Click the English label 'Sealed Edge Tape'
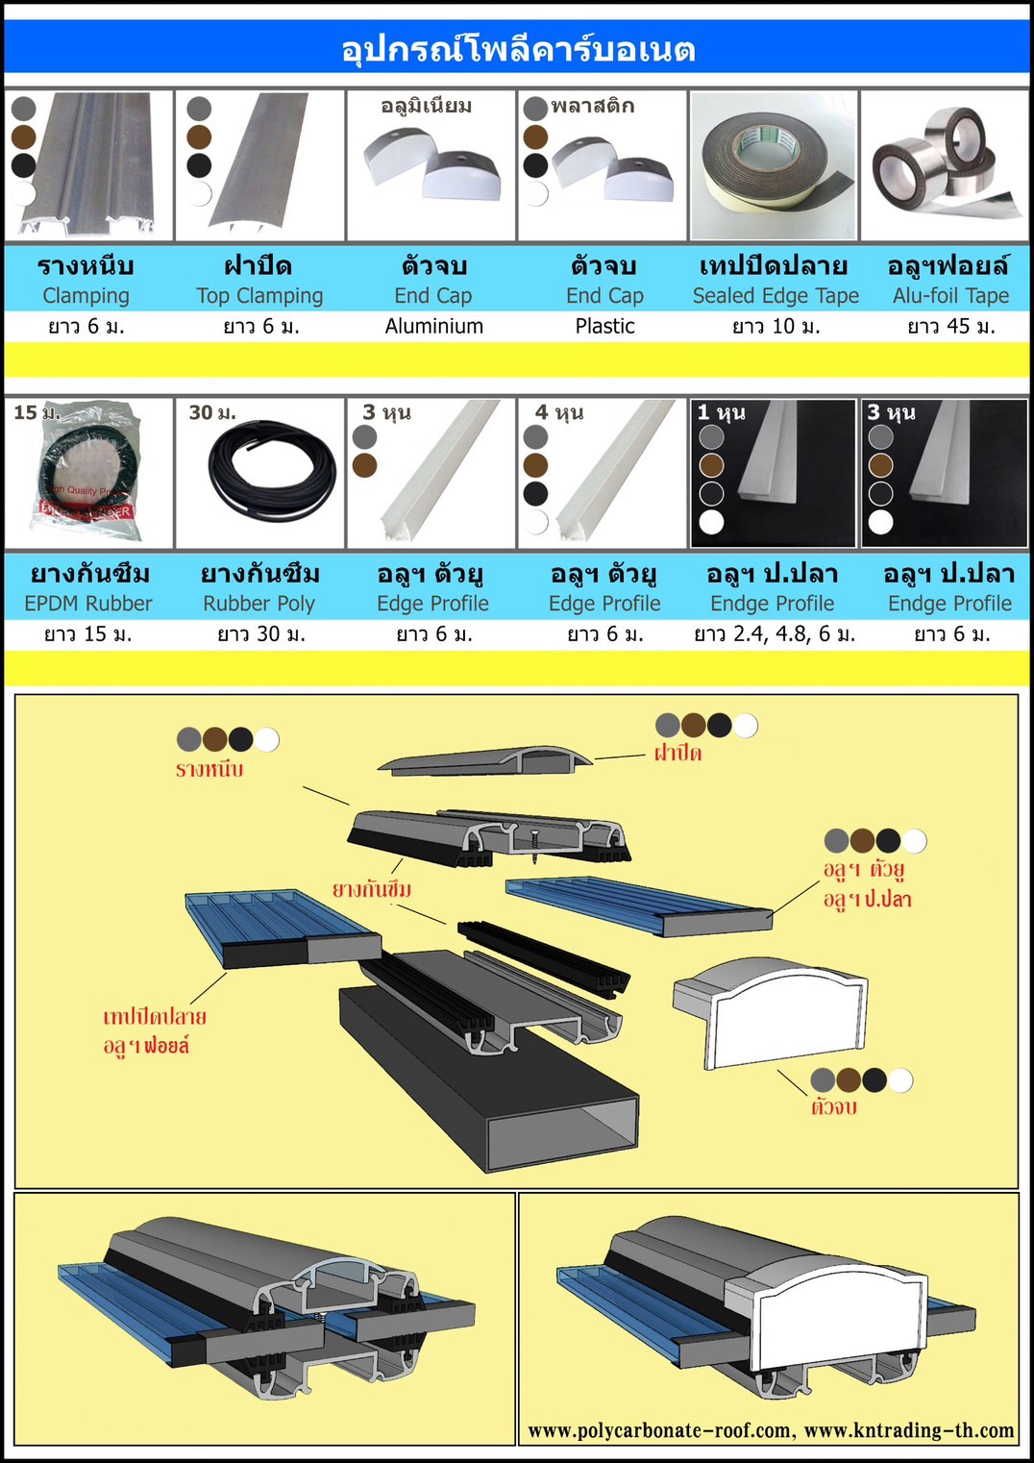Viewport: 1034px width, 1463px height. point(775,296)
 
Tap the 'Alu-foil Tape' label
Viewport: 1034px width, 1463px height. point(951,296)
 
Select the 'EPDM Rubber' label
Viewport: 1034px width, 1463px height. point(88,604)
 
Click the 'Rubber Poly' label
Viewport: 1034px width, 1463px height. point(259,604)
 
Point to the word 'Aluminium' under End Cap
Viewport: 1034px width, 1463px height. point(434,326)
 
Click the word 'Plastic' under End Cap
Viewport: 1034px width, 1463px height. point(604,326)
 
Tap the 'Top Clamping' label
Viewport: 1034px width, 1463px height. point(259,296)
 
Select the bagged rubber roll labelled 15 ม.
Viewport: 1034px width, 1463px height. point(86,472)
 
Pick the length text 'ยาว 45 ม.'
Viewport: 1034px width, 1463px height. point(951,326)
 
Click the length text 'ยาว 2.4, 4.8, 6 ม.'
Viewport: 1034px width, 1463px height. point(775,634)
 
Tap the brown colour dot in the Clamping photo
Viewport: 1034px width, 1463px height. point(24,137)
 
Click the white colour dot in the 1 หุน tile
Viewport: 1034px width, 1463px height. point(711,523)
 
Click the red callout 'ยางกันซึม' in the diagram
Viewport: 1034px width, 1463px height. point(372,890)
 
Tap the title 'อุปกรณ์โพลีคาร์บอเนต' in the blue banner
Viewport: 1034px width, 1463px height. point(518,49)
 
